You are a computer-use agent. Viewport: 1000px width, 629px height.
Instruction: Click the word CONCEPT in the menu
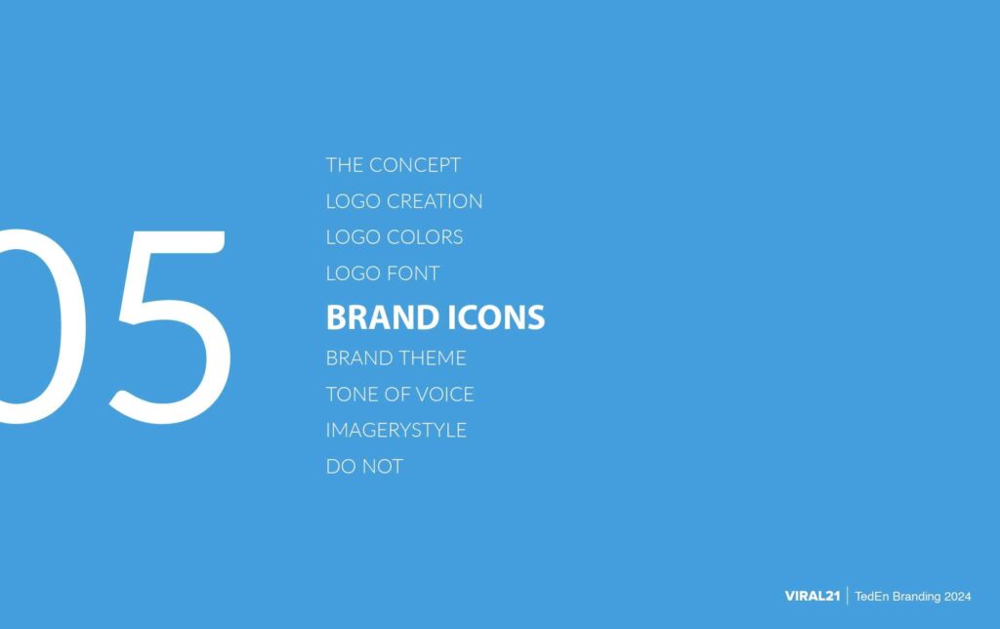414,165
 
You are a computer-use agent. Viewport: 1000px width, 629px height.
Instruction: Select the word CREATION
435,201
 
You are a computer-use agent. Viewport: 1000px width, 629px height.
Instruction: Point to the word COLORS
425,237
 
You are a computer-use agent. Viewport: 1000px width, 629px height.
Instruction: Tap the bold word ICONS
495,317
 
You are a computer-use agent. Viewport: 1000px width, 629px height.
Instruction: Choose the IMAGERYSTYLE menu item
396,430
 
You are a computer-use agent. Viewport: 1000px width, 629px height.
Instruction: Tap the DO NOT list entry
364,467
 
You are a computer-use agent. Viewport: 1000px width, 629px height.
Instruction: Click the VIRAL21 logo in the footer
812,596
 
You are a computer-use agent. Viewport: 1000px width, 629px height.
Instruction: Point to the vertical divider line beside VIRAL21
847,596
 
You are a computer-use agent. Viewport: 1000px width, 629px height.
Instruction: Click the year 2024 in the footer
959,596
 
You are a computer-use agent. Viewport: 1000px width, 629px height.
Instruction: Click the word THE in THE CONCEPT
345,165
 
